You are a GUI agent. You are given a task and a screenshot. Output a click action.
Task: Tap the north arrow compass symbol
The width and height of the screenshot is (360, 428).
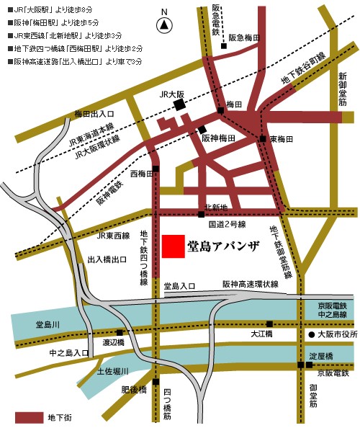coord(165,24)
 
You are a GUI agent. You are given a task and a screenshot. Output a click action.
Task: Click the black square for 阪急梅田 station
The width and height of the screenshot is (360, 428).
coord(224,46)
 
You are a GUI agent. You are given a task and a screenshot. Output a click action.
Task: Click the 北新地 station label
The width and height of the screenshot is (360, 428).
coord(217,207)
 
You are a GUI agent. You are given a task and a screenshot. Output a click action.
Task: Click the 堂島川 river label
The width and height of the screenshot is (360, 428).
coord(35,326)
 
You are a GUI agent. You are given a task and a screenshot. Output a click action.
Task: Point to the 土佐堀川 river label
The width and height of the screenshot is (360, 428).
coord(112,371)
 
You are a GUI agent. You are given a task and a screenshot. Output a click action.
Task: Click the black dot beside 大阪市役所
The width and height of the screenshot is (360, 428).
coord(312,335)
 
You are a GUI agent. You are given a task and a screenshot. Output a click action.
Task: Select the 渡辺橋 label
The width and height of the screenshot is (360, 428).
coord(114,343)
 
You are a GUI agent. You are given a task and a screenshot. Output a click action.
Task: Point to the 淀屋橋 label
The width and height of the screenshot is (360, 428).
coord(320,356)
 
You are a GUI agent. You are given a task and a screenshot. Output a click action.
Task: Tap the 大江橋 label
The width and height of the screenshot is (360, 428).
coord(261,335)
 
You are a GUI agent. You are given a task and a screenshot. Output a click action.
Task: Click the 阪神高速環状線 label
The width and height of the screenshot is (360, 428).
coord(250,285)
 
